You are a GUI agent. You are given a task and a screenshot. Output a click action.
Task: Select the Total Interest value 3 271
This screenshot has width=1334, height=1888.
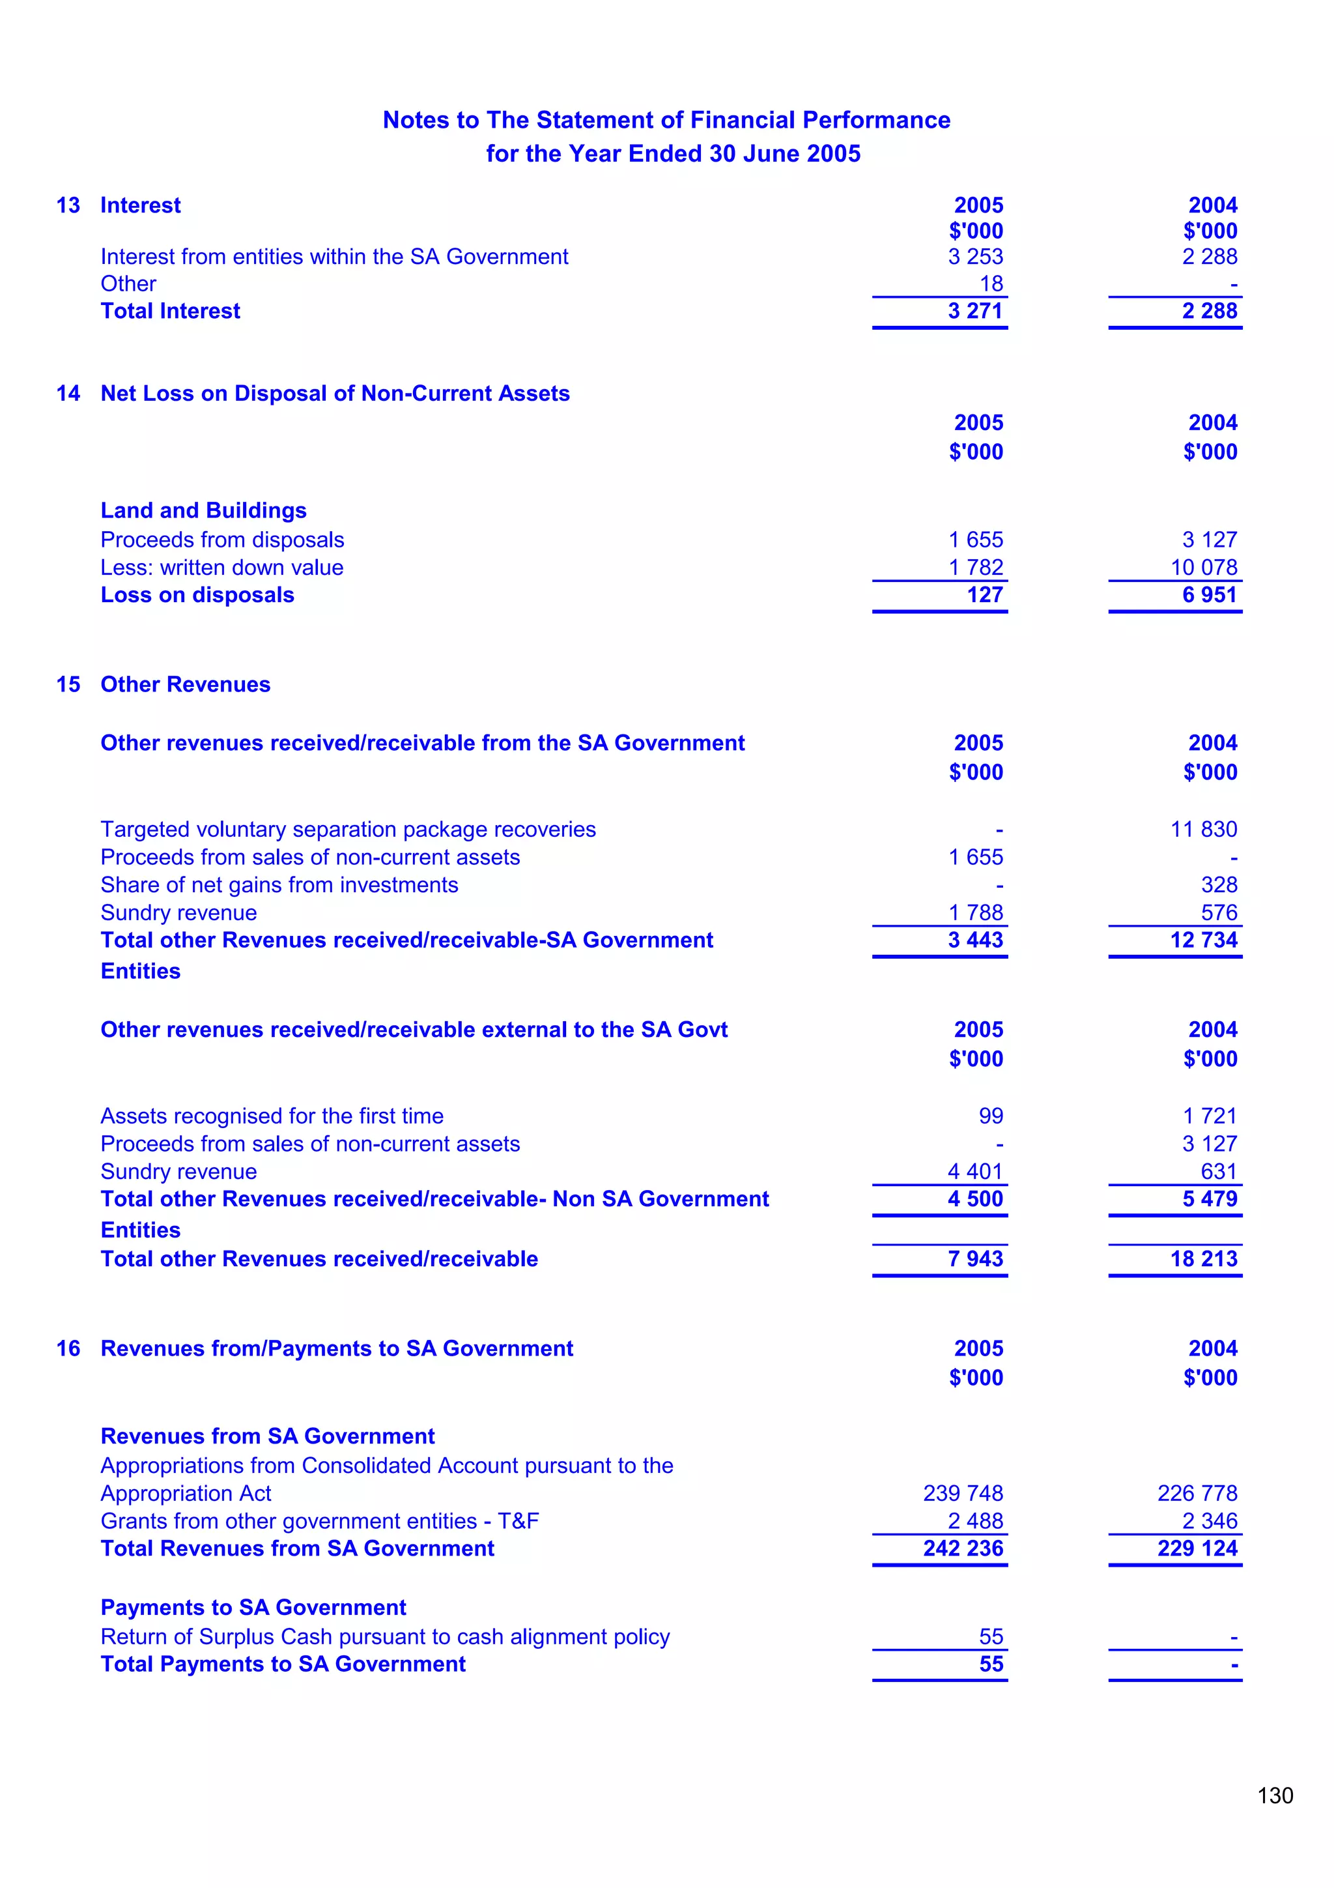coord(975,311)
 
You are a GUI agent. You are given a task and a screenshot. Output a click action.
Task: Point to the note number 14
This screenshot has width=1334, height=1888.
coord(68,393)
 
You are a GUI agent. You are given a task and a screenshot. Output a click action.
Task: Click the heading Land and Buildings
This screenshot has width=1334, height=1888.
coord(203,511)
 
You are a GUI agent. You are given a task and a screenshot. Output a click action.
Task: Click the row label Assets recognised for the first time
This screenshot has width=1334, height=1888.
coord(272,1116)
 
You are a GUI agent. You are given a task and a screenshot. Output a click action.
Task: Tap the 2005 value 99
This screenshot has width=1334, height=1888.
coord(991,1116)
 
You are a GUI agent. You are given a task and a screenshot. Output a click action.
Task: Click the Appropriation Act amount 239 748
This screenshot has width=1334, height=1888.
coord(963,1493)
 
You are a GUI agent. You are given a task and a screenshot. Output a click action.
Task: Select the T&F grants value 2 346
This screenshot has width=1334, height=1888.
coord(1209,1521)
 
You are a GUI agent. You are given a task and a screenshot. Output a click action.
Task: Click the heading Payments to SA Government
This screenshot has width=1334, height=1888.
coord(253,1608)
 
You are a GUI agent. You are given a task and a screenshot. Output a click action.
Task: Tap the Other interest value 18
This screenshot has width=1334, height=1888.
coord(991,283)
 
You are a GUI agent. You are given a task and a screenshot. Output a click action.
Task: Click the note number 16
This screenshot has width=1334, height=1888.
coord(68,1348)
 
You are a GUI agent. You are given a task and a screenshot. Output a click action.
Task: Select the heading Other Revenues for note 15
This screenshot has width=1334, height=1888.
coord(185,684)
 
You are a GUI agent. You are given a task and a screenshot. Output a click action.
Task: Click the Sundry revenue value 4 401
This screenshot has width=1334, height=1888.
coord(975,1171)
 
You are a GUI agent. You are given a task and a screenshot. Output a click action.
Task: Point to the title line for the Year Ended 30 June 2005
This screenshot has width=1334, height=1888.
coord(673,154)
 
